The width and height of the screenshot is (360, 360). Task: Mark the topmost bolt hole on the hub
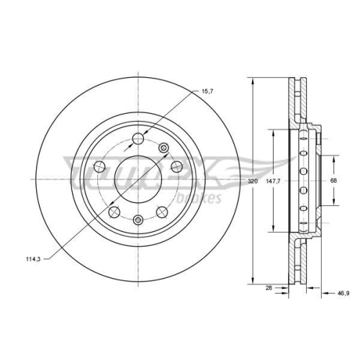click(139, 139)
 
